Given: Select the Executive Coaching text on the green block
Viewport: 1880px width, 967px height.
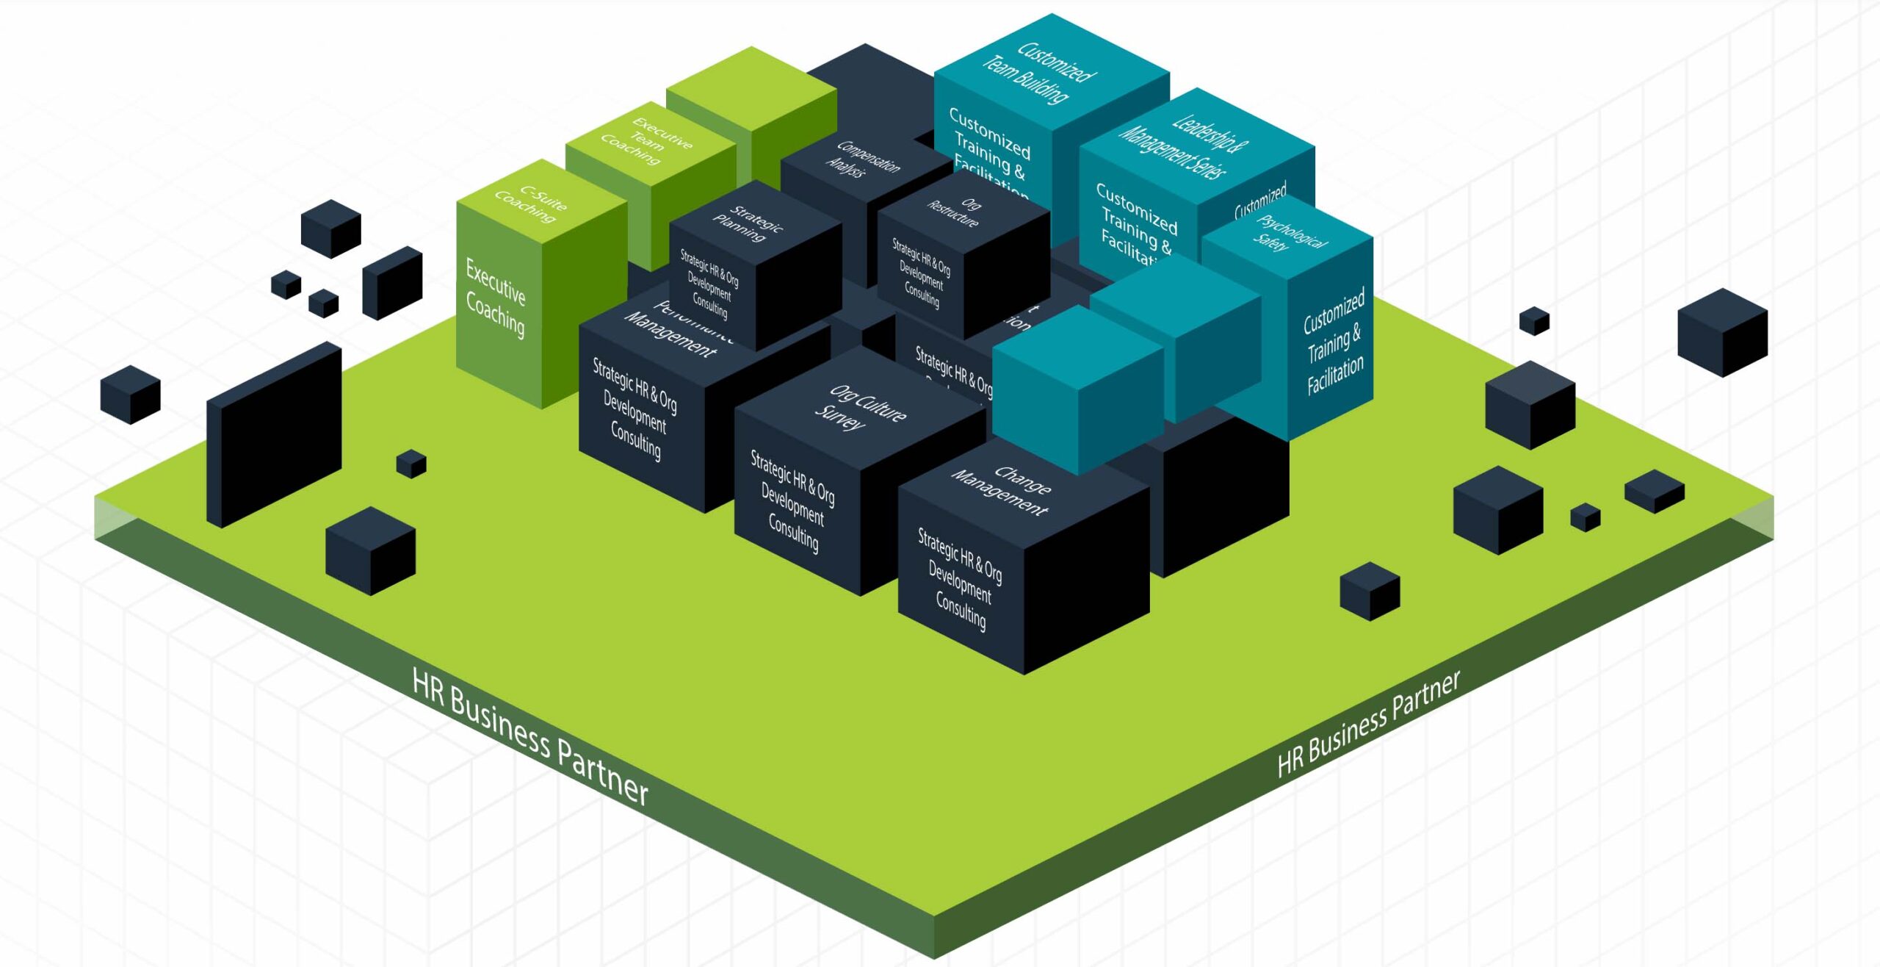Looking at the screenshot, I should [x=496, y=298].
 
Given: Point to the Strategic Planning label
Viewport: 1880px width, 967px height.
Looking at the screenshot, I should [x=748, y=223].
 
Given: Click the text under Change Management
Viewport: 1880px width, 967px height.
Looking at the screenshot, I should [x=959, y=579].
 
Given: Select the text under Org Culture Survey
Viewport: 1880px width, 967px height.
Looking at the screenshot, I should [x=792, y=500].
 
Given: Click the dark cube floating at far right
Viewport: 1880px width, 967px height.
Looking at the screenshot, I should [x=1722, y=332].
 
